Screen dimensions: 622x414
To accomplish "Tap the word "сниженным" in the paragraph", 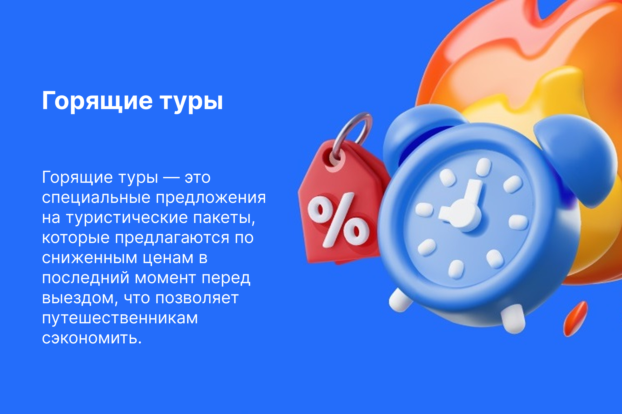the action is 89,258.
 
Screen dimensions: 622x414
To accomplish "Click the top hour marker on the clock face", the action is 484,167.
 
